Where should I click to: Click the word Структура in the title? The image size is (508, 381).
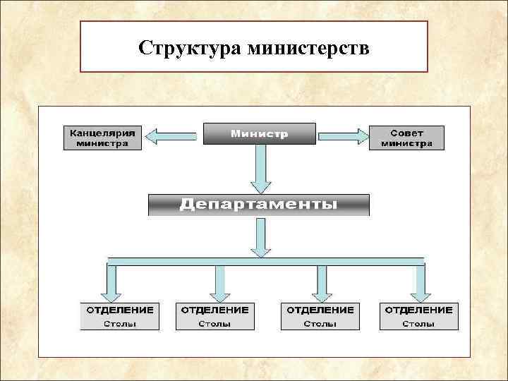[x=189, y=48]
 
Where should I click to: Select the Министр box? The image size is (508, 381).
[x=260, y=134]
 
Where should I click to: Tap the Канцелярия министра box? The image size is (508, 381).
[x=103, y=138]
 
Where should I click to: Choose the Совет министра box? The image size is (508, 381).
[x=407, y=138]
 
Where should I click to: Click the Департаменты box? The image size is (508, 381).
[x=258, y=205]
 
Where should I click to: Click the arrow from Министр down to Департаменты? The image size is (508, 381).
[x=260, y=169]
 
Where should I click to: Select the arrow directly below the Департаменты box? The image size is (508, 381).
[x=261, y=237]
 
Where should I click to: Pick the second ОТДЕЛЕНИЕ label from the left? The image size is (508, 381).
[x=214, y=310]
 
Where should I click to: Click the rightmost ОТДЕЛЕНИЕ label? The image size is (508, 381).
[x=418, y=310]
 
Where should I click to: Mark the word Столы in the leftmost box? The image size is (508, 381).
[x=120, y=324]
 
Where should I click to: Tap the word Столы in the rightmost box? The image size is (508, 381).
[x=418, y=324]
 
